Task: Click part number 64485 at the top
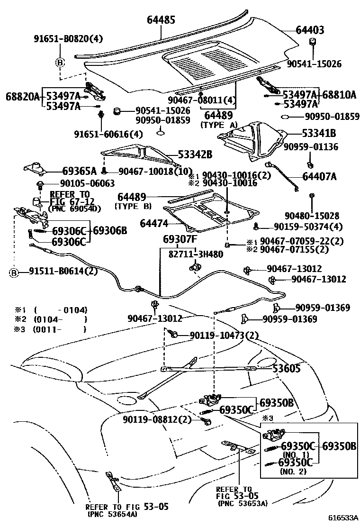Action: (x=161, y=20)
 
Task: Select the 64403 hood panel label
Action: (x=310, y=30)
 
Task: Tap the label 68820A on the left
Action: (x=22, y=96)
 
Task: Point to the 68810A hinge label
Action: (x=339, y=94)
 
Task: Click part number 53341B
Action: (x=319, y=133)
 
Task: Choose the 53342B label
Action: (x=195, y=154)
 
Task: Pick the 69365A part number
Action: (x=79, y=171)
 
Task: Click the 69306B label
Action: (x=109, y=231)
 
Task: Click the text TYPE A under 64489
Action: (x=218, y=125)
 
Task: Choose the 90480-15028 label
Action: (x=312, y=216)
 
